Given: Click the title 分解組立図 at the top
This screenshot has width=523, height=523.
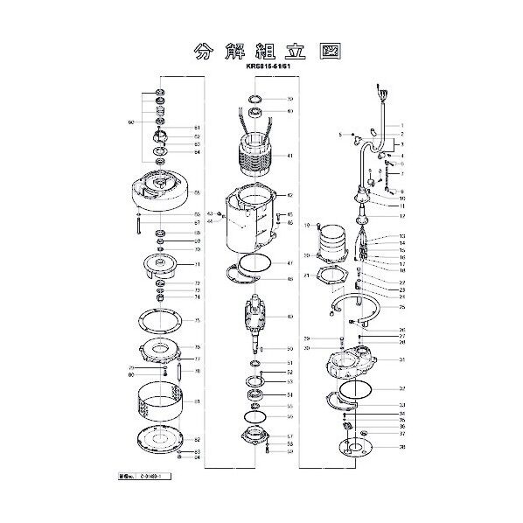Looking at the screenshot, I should click(261, 50).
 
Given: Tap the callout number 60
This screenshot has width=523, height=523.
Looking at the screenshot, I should click(129, 122).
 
